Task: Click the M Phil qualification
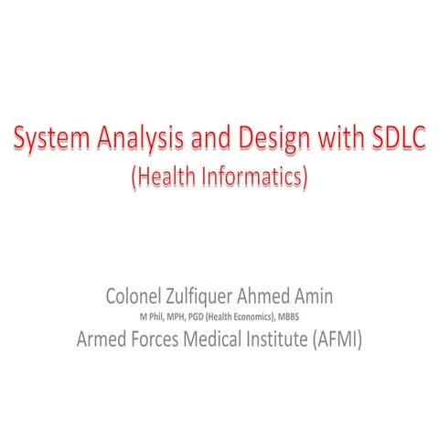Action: click(150, 316)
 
